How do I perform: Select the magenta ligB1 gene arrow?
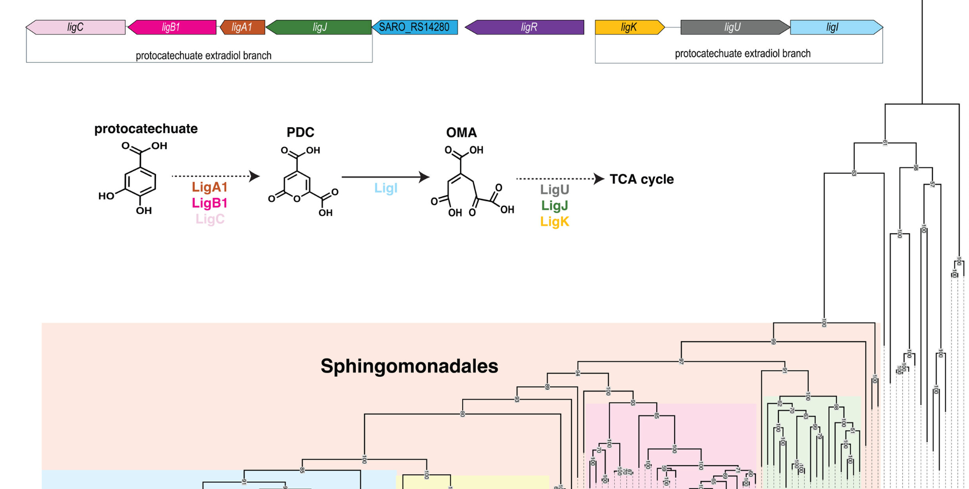171,27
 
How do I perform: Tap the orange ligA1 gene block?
242,27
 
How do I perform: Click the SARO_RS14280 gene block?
414,27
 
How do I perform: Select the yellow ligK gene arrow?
629,27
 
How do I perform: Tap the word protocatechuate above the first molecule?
146,129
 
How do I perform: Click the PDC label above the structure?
300,132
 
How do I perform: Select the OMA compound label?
461,133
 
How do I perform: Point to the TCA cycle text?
642,179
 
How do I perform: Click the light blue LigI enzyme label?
386,188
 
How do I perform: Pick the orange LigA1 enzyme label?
209,187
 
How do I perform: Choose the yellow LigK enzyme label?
555,222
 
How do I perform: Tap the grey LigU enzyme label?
555,190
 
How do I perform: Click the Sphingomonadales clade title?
409,366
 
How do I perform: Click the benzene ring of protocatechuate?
140,182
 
